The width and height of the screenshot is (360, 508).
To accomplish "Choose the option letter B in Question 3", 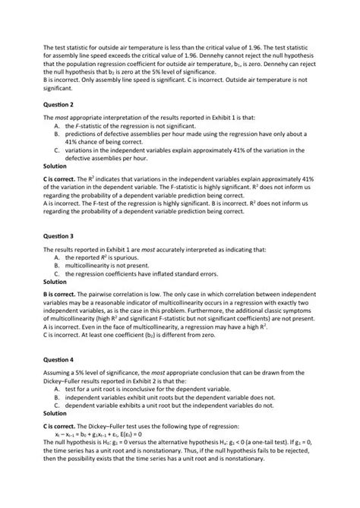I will [x=57, y=266].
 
